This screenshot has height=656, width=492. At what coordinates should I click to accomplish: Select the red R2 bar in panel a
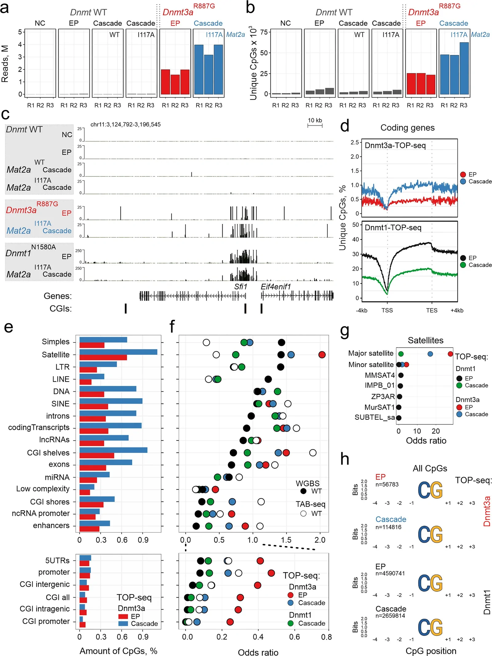coord(175,84)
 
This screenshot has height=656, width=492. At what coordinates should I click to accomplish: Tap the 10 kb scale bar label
coord(315,120)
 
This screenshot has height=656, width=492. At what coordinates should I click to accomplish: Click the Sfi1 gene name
coord(240,286)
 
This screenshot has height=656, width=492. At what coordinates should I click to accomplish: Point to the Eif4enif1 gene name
coord(276,286)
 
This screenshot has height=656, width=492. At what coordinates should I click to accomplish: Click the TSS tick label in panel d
coord(387,310)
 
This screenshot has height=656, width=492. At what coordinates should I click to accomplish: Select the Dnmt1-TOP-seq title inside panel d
coord(393,228)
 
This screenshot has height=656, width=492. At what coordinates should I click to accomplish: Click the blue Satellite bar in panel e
coord(118,352)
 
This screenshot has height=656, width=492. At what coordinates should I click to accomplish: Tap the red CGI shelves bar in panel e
coord(97,456)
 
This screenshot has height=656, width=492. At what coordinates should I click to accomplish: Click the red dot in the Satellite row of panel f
coord(322,355)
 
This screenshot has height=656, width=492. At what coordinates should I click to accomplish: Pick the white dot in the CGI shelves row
coord(313,452)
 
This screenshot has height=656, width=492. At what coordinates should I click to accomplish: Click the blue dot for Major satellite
coord(430,354)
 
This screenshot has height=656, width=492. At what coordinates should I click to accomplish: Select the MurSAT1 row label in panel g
coord(379,407)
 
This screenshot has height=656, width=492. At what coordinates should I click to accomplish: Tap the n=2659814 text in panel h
coord(390,616)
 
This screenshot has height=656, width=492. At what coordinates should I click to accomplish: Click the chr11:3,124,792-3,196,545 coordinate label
coord(125,124)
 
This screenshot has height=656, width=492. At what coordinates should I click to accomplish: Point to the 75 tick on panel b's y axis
coord(264,32)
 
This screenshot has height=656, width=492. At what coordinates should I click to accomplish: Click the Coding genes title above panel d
coord(407,128)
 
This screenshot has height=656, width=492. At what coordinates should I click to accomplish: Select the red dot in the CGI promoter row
coord(230,622)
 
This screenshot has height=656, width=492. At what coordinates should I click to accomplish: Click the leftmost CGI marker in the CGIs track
coord(125,308)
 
